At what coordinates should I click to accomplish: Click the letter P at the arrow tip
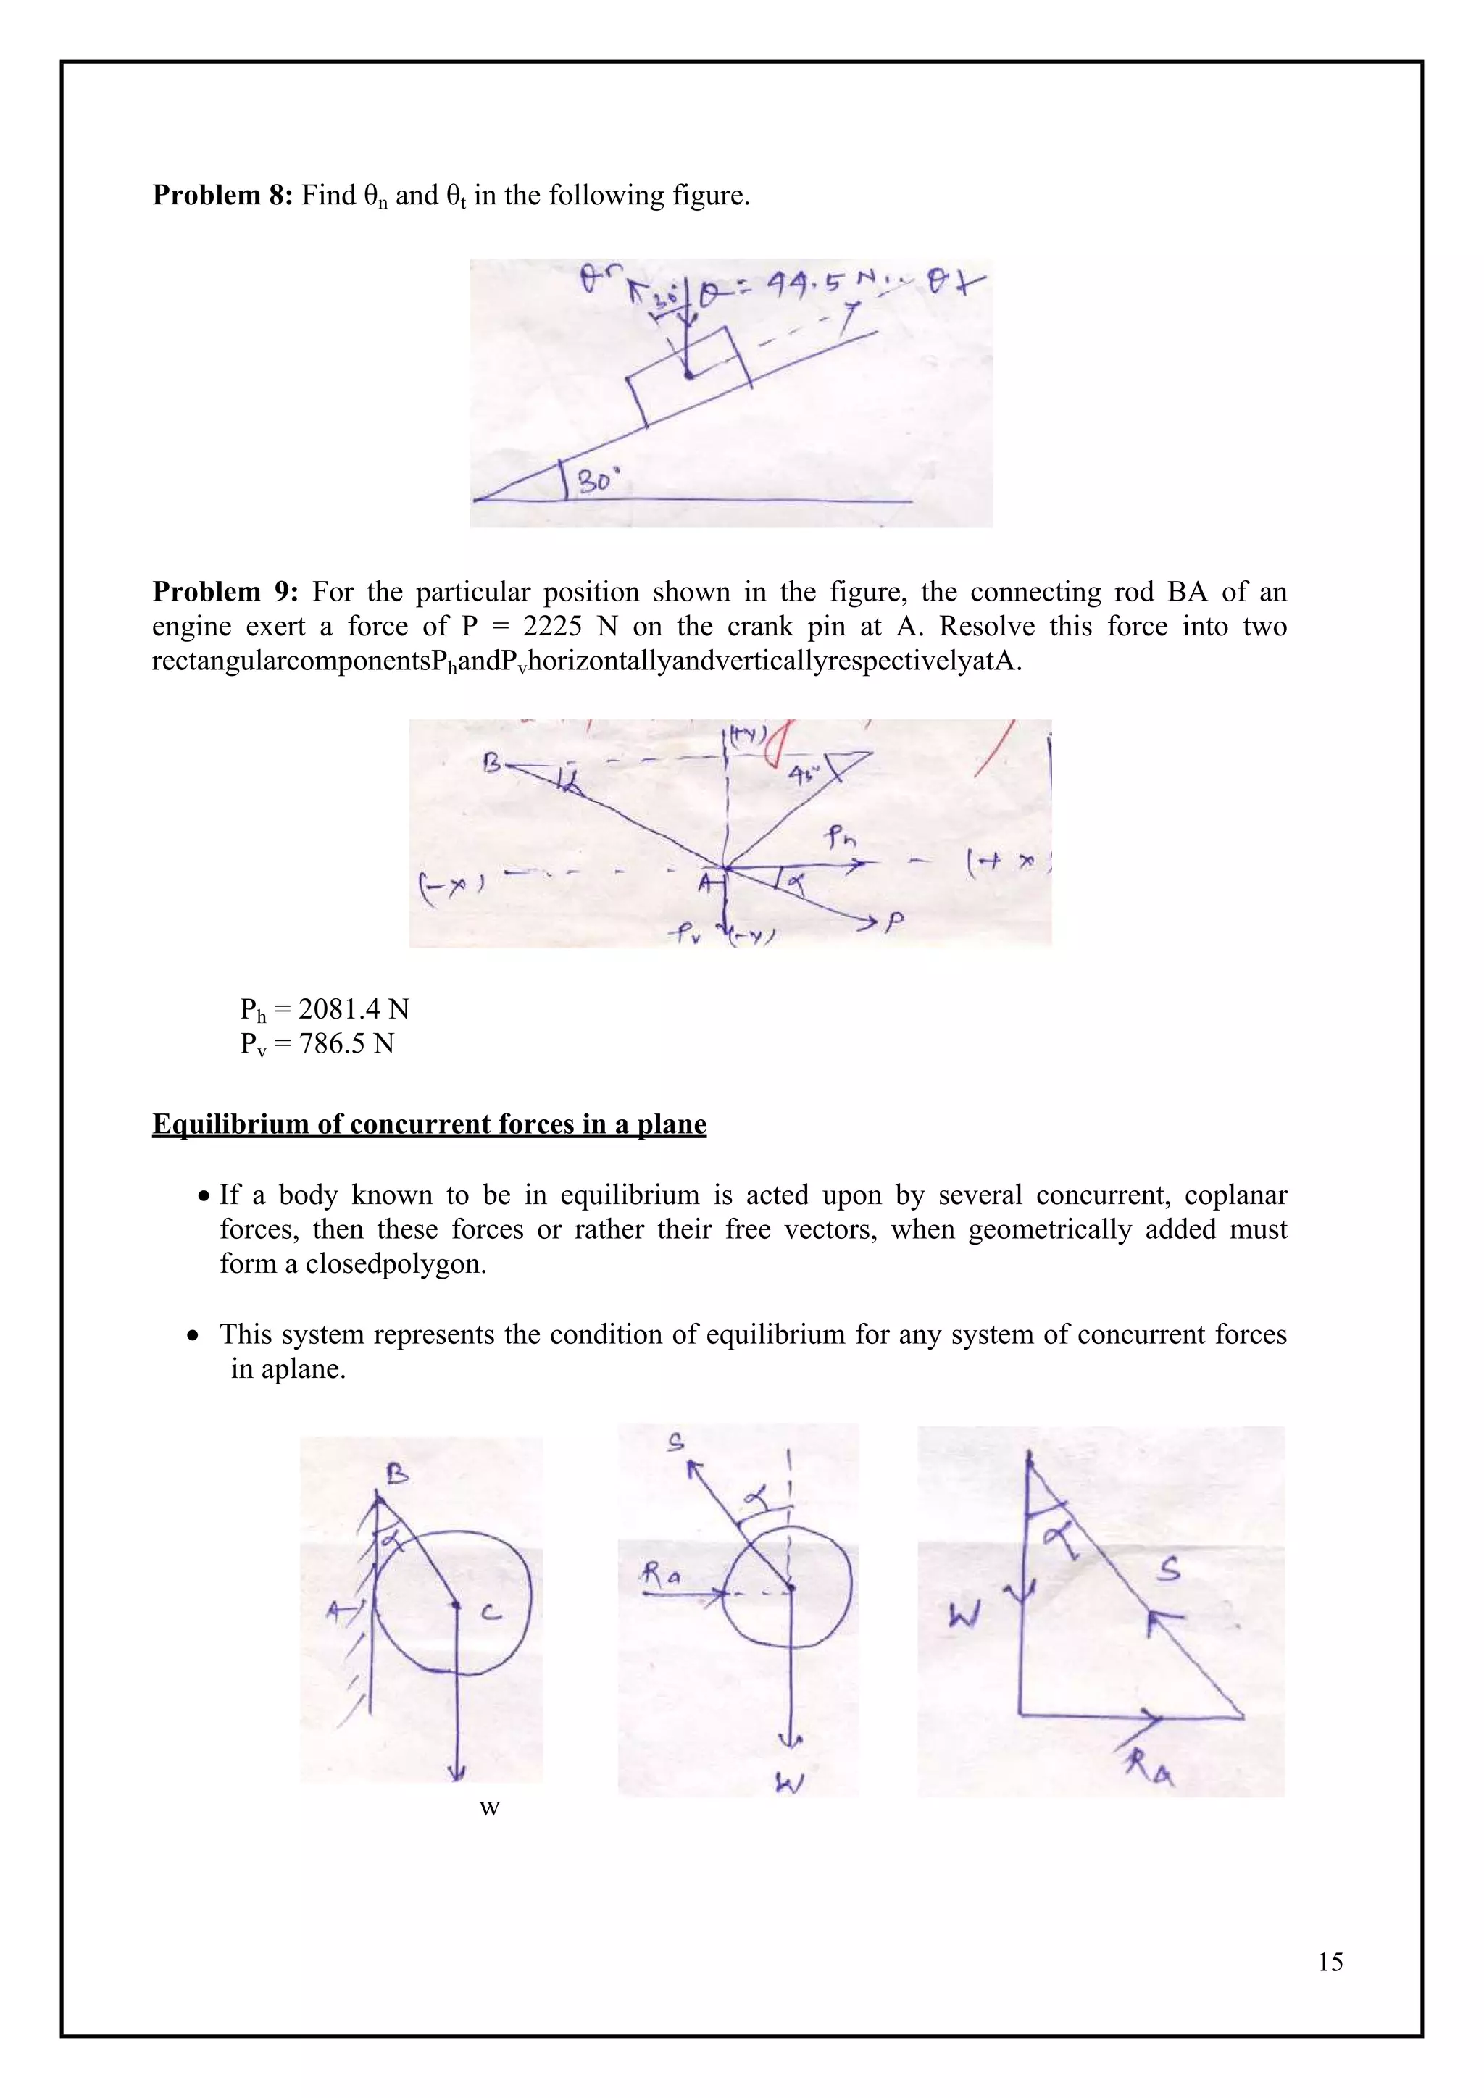(895, 923)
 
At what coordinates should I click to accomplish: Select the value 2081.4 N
(354, 1010)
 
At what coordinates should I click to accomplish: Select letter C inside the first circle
(491, 1613)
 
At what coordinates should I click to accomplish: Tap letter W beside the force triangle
(965, 1618)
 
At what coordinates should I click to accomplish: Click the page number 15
(1330, 1962)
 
